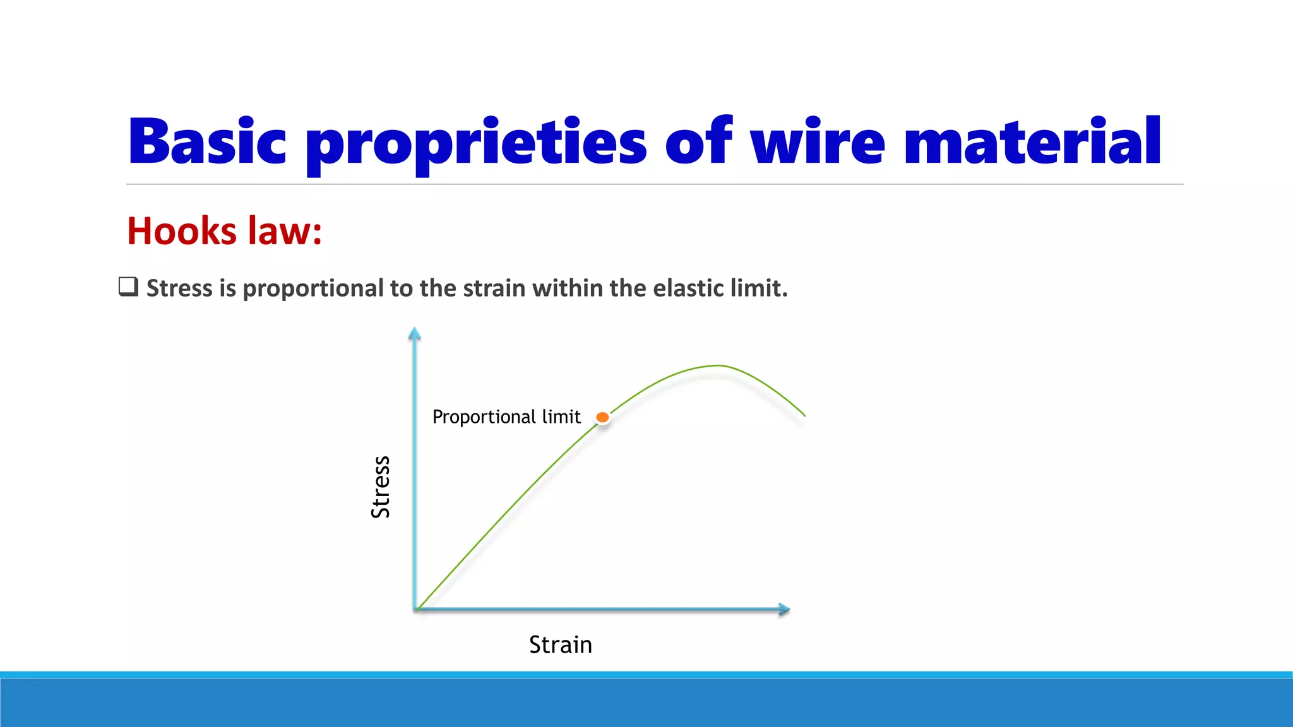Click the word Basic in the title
tap(207, 142)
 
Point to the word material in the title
tap(1032, 142)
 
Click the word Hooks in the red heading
tap(182, 231)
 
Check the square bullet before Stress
tap(128, 287)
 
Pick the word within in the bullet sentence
tap(568, 288)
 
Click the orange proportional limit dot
tap(602, 417)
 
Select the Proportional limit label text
tap(506, 417)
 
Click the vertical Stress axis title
tap(380, 487)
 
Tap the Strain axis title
tap(560, 645)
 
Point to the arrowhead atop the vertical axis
tap(414, 333)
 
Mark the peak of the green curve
tap(718, 365)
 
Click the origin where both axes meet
tap(415, 609)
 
